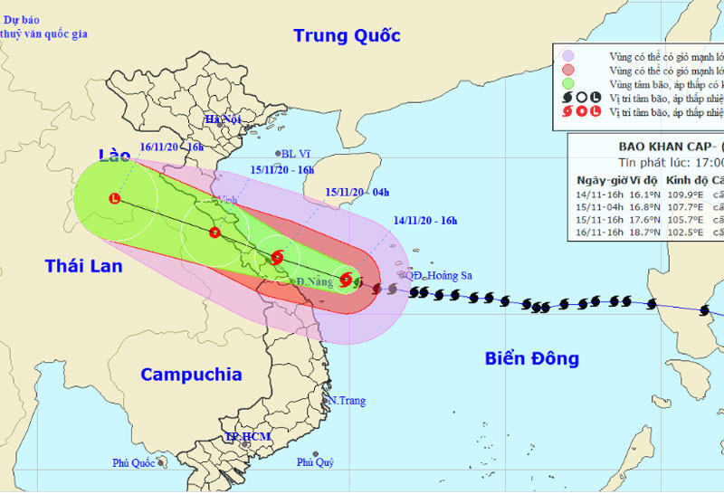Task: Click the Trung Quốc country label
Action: click(347, 37)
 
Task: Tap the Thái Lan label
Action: click(83, 266)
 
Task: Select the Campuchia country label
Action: click(191, 375)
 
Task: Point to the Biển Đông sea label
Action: click(531, 358)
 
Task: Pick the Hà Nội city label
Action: click(224, 119)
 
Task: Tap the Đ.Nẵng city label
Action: click(312, 283)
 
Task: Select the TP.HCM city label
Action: click(248, 438)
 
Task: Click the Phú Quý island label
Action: click(315, 462)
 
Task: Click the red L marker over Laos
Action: click(114, 198)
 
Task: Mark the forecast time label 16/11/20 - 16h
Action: click(171, 146)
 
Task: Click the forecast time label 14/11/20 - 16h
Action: click(425, 220)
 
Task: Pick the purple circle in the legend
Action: click(567, 55)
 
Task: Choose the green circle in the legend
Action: click(567, 84)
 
